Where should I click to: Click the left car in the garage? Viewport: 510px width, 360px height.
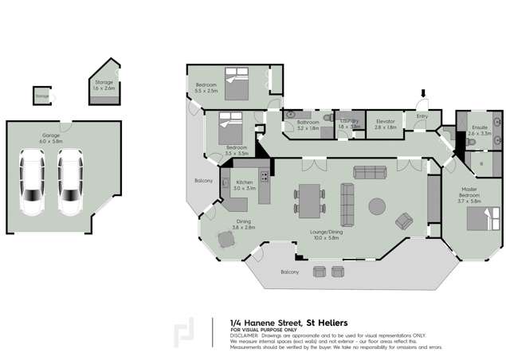coord(33,183)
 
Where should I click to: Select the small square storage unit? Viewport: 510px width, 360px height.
coord(41,96)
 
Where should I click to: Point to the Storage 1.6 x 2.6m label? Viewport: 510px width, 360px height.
coord(104,85)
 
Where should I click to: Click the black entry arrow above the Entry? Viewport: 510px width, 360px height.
coord(424,95)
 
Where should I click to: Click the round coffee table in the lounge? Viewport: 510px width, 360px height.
coord(375,206)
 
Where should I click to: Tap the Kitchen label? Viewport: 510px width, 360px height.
coord(245,184)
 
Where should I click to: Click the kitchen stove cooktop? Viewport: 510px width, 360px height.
coord(264,175)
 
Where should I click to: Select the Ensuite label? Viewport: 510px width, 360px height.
coord(479,129)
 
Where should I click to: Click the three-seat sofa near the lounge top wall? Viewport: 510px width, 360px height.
coord(369,171)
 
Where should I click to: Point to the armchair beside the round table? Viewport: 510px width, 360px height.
coord(405,220)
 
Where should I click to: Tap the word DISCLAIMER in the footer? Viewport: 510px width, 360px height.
coord(244,335)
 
